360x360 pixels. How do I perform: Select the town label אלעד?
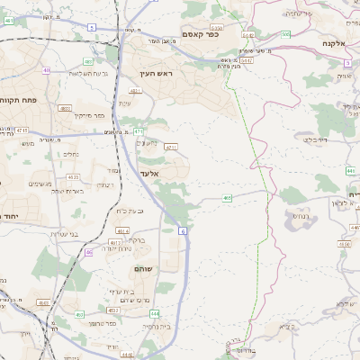(x=149, y=173)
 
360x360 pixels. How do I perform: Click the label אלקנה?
(x=335, y=42)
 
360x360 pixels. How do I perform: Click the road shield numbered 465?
(x=228, y=197)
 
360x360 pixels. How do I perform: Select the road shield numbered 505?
(x=284, y=34)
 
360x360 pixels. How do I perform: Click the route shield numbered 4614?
(x=121, y=231)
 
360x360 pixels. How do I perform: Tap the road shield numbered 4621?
(x=135, y=92)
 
